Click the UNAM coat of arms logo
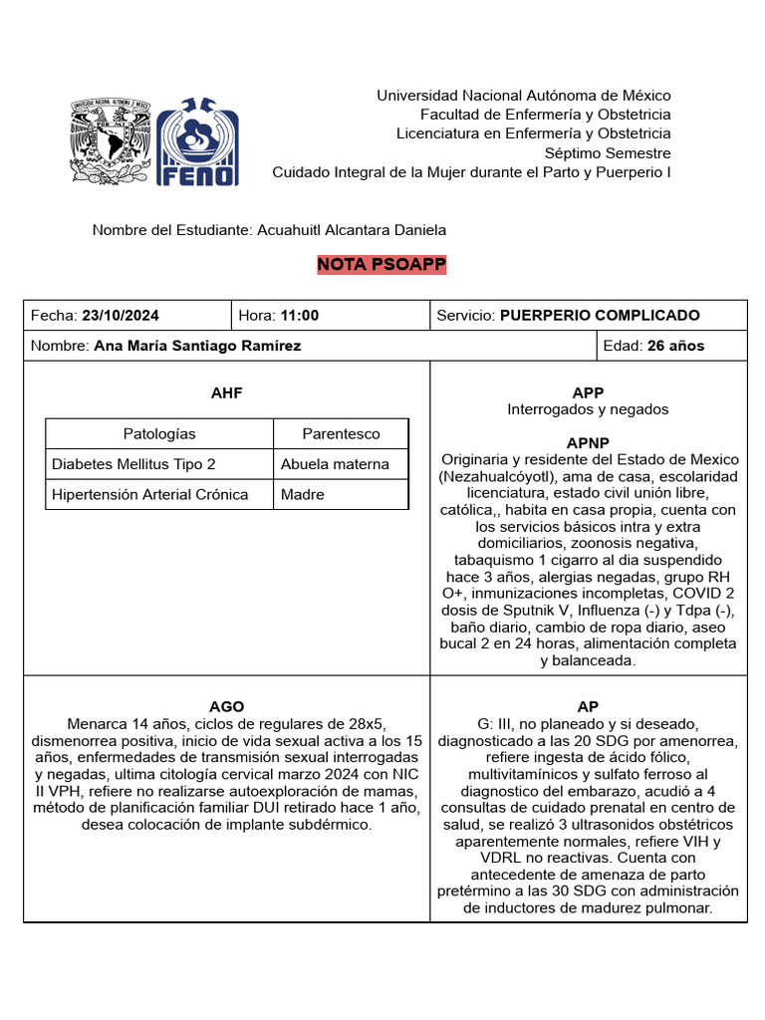(x=110, y=140)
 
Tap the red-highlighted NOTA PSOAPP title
(x=382, y=264)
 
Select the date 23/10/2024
(x=121, y=316)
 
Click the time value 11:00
(x=300, y=316)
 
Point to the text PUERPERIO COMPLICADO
(x=600, y=316)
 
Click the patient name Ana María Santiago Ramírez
(x=197, y=346)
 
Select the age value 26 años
(x=675, y=346)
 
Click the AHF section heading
(x=226, y=392)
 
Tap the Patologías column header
(x=159, y=433)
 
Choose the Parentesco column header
(x=341, y=433)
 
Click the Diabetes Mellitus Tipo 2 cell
(x=133, y=464)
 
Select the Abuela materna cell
(x=335, y=464)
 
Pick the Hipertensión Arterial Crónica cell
(x=150, y=494)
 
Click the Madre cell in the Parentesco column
(x=303, y=494)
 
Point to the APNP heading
(x=588, y=442)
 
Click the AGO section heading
(x=226, y=706)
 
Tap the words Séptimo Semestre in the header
(x=608, y=153)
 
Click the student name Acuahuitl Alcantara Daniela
(x=352, y=230)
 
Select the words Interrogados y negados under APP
(x=588, y=409)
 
